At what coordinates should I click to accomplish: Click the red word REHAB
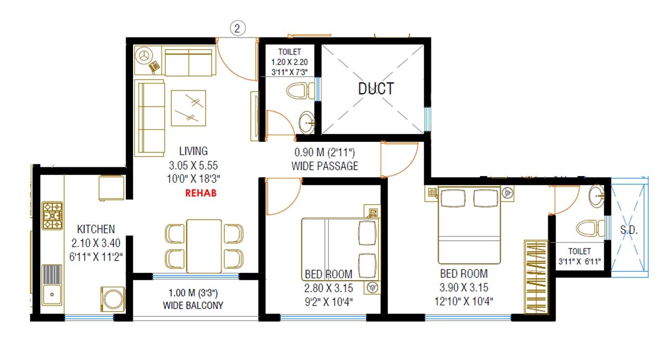click(201, 193)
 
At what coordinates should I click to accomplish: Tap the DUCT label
click(376, 88)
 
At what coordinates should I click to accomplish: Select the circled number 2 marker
click(237, 29)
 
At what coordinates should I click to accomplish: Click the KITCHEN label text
click(96, 229)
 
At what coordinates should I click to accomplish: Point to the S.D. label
click(629, 231)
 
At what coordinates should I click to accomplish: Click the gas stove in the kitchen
click(54, 216)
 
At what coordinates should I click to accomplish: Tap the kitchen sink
click(52, 284)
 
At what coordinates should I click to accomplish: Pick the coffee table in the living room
click(188, 108)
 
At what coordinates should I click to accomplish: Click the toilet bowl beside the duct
click(299, 91)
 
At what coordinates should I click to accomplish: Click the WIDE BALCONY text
click(193, 305)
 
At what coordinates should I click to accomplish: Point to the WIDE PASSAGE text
click(324, 166)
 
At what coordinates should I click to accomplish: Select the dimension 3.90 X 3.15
click(464, 287)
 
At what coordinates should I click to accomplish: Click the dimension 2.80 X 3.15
click(329, 287)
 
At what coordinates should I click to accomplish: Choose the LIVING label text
click(193, 151)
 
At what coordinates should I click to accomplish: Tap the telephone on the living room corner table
click(154, 66)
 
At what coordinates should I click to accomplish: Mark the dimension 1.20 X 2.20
click(290, 62)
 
